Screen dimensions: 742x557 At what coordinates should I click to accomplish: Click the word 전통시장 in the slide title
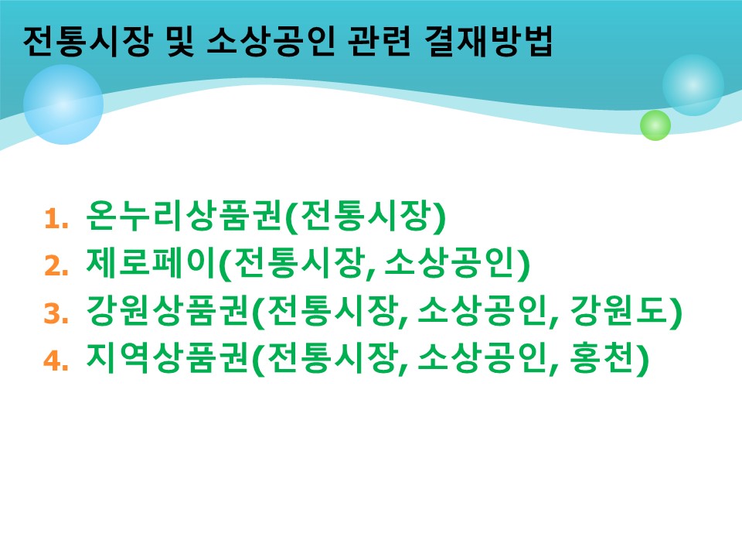[88, 41]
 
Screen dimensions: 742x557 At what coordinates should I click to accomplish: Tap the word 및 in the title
[180, 41]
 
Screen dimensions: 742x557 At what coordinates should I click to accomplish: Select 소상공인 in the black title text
[271, 41]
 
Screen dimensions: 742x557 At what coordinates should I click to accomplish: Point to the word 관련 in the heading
[380, 41]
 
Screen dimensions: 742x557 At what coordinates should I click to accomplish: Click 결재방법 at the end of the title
[488, 41]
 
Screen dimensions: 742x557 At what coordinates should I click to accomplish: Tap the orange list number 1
[56, 219]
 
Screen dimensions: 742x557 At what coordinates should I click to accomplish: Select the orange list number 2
[56, 265]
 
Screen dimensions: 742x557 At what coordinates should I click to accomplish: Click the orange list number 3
[56, 313]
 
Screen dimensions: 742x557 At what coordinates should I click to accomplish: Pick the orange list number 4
[56, 361]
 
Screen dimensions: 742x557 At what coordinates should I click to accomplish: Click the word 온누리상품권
[185, 216]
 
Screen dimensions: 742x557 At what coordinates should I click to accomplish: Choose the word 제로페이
[152, 263]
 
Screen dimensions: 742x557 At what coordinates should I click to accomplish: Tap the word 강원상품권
[168, 311]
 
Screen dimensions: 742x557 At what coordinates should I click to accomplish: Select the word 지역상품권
[168, 358]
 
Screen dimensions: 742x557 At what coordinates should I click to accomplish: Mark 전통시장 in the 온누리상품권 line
[366, 216]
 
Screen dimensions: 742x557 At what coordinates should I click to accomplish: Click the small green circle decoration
[655, 125]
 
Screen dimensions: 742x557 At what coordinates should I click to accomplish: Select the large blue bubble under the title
[63, 104]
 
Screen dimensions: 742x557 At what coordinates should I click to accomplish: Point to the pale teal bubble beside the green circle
[693, 85]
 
